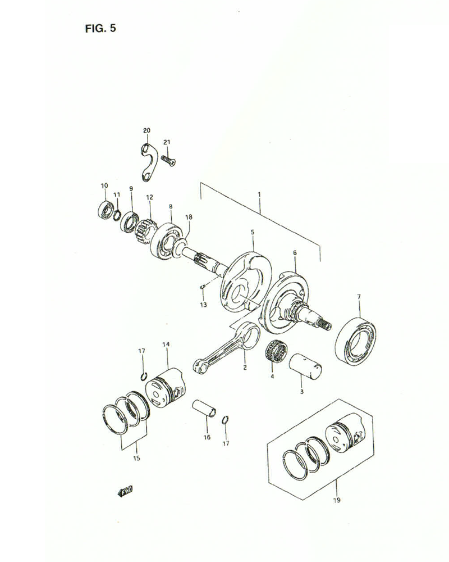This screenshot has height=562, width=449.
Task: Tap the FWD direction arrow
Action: coord(125,492)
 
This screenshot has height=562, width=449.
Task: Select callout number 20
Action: coord(146,130)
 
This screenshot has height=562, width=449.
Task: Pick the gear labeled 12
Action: coord(145,228)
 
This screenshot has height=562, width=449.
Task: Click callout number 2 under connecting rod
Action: coord(245,368)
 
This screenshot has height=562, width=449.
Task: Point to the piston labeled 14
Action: coord(165,388)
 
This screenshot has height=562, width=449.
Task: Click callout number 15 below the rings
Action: coord(136,458)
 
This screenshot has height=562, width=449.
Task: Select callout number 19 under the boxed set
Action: coord(336,498)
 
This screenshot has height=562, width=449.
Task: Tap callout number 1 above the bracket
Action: coord(259,194)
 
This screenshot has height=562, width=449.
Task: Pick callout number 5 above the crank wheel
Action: coord(253,232)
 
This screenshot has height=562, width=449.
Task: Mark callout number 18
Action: coord(189,217)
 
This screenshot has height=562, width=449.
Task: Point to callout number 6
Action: coord(295,253)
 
